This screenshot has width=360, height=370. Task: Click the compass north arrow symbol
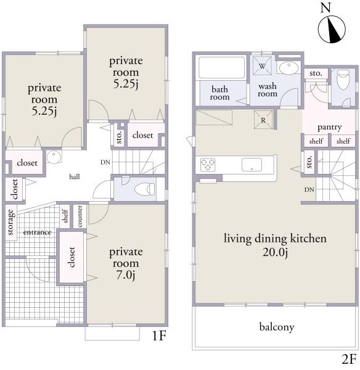332,30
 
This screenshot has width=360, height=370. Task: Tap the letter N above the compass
326,8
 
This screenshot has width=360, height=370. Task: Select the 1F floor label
159,335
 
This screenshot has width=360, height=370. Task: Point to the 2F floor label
349,360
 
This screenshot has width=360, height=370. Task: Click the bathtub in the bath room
221,67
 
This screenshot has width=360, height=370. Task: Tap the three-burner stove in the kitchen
208,164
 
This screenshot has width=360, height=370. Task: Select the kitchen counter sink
252,165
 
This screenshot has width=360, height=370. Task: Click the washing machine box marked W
262,65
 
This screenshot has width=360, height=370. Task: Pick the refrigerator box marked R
263,120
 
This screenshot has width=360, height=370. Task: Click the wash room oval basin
288,68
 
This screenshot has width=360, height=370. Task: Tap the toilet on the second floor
343,80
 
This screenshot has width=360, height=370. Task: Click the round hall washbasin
54,157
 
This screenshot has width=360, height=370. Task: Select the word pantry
330,128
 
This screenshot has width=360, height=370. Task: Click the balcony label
277,327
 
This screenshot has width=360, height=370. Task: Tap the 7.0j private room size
126,274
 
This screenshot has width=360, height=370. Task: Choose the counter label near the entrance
80,216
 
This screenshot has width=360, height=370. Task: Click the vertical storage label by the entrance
10,222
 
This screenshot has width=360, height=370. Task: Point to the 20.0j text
275,252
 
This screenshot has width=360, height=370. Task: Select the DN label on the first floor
105,162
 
